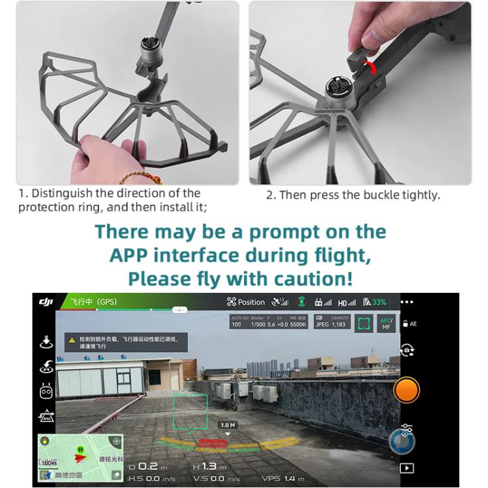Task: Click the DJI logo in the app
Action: coord(46,302)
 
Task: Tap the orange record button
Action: coord(407,390)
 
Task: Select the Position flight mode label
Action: coord(246,302)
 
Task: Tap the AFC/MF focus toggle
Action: coord(386,323)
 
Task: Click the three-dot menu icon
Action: coord(407,302)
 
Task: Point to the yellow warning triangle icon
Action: coord(72,340)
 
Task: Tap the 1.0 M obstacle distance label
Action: coord(228,425)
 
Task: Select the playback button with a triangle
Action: coord(407,467)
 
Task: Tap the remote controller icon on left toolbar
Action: coord(46,392)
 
